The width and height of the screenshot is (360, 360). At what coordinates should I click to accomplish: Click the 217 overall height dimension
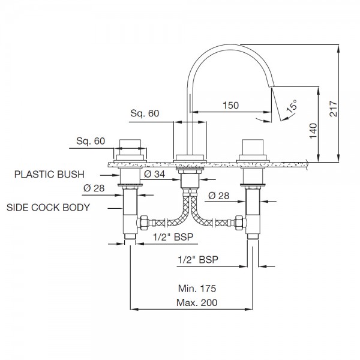[334, 109]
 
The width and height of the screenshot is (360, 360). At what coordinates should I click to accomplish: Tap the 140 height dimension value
[313, 131]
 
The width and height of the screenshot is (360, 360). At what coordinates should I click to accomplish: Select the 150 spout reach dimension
[231, 106]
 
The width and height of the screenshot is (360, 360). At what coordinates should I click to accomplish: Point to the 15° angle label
[292, 106]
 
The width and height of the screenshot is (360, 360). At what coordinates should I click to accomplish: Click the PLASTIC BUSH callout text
[49, 175]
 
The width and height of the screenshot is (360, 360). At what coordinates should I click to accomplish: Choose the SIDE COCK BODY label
[48, 208]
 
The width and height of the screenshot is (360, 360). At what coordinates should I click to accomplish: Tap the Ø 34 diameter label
[155, 174]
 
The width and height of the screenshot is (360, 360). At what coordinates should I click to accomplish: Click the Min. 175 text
[197, 289]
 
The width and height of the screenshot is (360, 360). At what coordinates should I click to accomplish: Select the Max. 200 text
[197, 302]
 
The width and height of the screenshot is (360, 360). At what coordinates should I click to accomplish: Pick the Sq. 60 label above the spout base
[145, 113]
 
